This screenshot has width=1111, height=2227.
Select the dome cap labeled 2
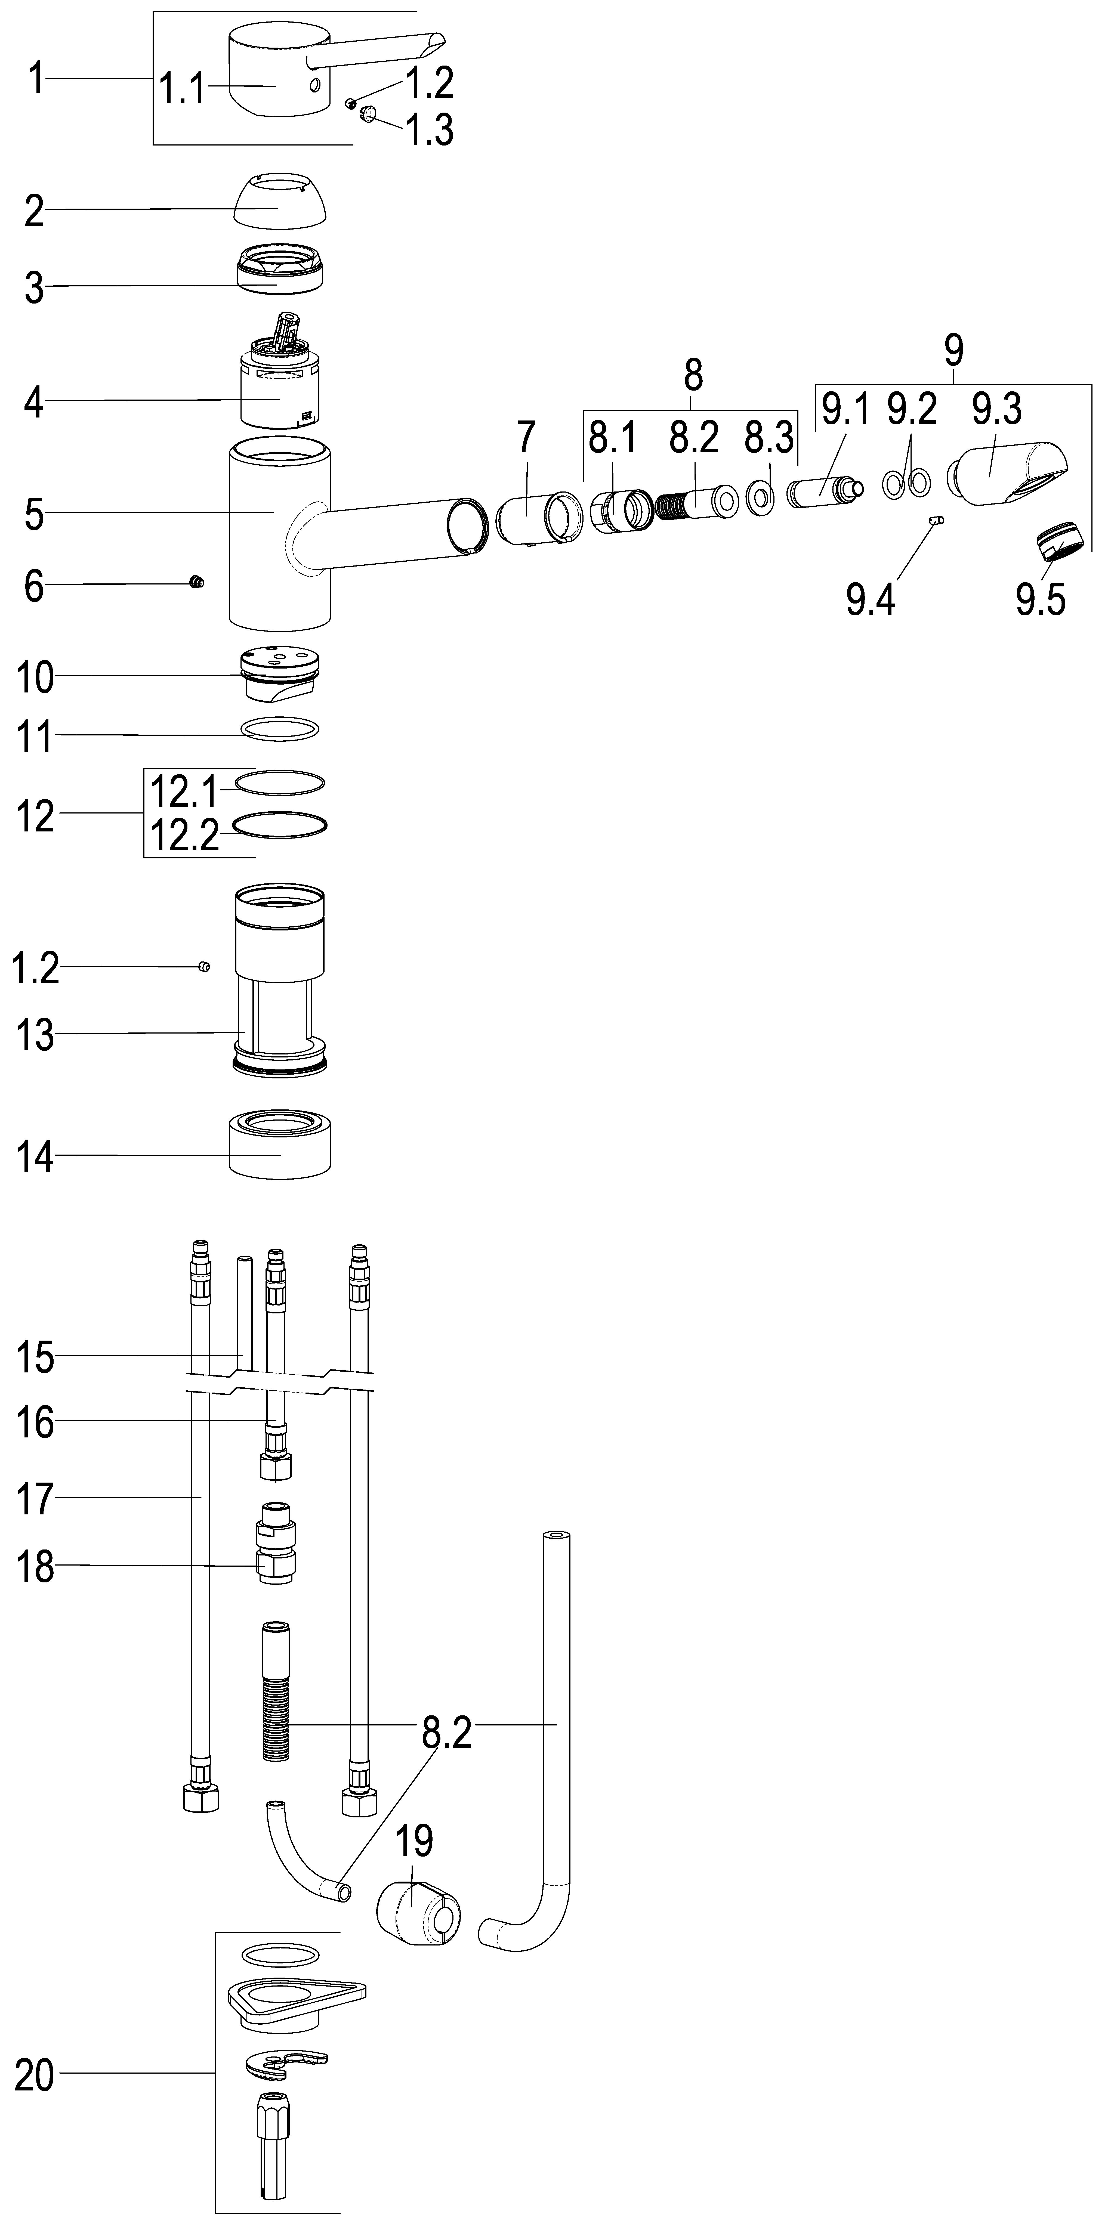(281, 200)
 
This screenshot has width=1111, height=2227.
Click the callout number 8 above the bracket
(693, 375)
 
